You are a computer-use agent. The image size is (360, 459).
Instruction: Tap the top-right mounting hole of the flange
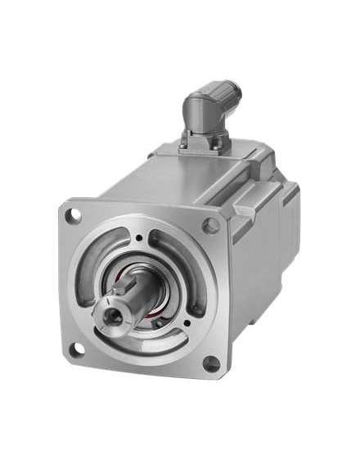pyautogui.click(x=211, y=225)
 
